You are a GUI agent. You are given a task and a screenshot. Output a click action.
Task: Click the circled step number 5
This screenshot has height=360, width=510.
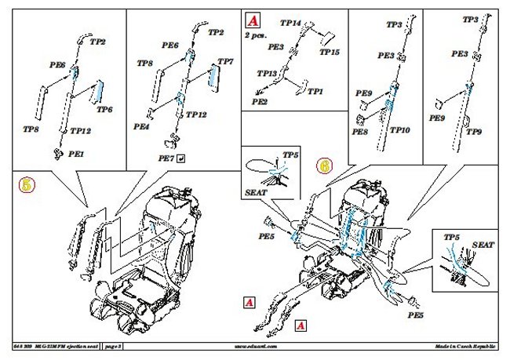coord(27,185)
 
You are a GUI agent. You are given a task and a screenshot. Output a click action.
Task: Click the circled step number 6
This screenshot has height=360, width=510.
coord(324,165)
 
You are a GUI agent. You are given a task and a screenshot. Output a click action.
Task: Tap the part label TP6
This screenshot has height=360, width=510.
coord(104,110)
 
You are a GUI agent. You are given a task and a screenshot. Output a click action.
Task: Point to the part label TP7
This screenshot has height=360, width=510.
coord(225,61)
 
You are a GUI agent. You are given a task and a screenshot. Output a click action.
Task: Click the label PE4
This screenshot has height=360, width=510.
coord(141,125)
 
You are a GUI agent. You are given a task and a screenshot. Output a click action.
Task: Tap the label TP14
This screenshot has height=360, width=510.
coord(291,24)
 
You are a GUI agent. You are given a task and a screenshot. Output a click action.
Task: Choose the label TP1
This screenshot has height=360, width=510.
coord(315,92)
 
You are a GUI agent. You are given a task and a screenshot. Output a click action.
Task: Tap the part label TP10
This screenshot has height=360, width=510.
coord(400,129)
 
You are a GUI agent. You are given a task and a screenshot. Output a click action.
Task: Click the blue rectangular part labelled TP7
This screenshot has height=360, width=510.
coord(212,77)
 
